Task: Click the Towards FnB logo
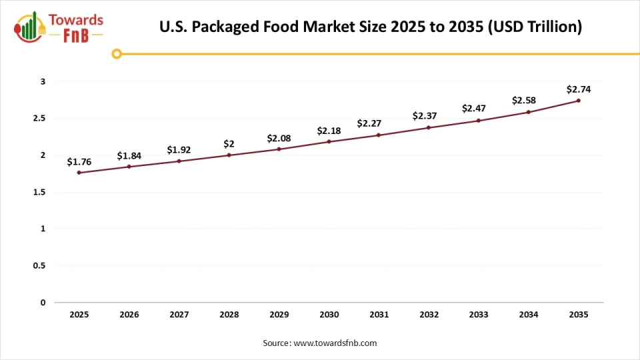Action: pyautogui.click(x=59, y=27)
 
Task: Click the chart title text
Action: pyautogui.click(x=371, y=27)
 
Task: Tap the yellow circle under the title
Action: pyautogui.click(x=117, y=53)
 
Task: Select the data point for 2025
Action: pyautogui.click(x=79, y=173)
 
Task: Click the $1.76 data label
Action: pyautogui.click(x=79, y=161)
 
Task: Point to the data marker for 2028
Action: pyautogui.click(x=229, y=155)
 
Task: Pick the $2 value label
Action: pyautogui.click(x=229, y=144)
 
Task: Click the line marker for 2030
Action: pyautogui.click(x=329, y=141)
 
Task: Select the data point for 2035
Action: pyautogui.click(x=578, y=101)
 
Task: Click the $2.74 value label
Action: pyautogui.click(x=578, y=89)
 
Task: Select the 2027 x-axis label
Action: pyautogui.click(x=179, y=315)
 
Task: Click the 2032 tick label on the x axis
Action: pyautogui.click(x=428, y=315)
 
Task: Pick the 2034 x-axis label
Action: pyautogui.click(x=528, y=315)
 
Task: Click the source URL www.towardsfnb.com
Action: pyautogui.click(x=335, y=343)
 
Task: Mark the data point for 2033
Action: pyautogui.click(x=478, y=121)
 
